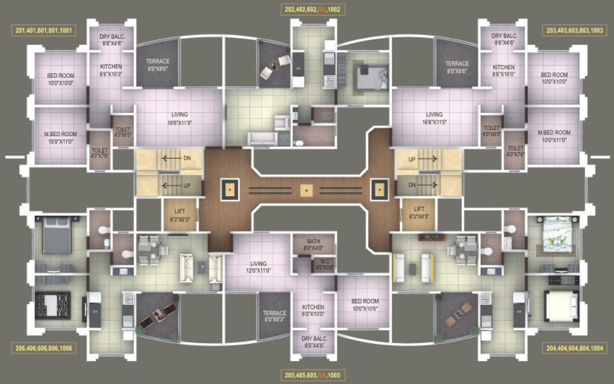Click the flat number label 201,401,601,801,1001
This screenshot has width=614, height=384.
[44, 30]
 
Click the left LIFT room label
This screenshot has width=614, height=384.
[179, 214]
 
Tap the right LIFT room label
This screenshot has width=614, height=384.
[419, 212]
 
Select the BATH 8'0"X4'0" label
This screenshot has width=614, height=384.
[313, 244]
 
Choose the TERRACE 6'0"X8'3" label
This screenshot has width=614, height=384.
[274, 316]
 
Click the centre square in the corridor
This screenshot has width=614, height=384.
[307, 190]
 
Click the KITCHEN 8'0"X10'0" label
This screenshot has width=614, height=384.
[313, 310]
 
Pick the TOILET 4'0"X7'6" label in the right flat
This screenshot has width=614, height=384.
[515, 151]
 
